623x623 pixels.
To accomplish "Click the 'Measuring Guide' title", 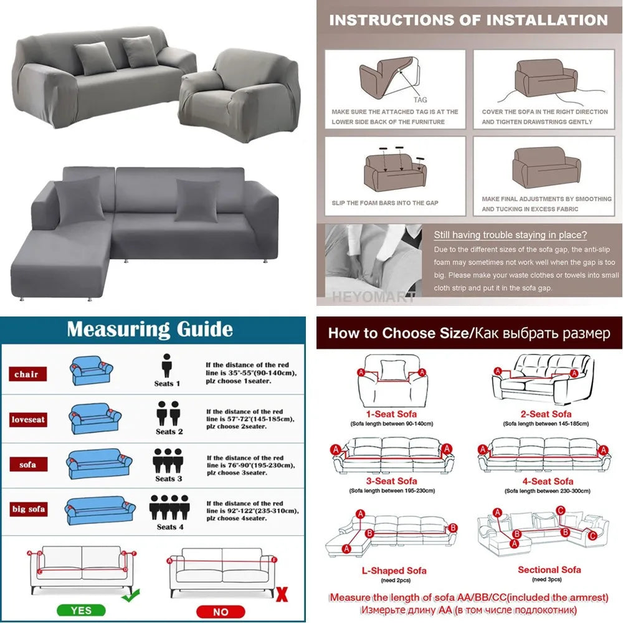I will point(150,329).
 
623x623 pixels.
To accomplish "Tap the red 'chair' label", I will point(26,374).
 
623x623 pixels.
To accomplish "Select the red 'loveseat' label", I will point(28,419).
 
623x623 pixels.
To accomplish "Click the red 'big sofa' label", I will point(28,509).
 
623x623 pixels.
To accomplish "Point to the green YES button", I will point(81,611).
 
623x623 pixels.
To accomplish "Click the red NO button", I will point(221,612).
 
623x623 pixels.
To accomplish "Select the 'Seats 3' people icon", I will point(168,460).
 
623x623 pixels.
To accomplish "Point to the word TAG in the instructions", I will point(421,99).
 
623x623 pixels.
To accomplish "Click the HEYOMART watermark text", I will point(373,297).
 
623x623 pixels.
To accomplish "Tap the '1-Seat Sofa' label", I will point(391,414).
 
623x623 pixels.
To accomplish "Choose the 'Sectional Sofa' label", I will point(549,569).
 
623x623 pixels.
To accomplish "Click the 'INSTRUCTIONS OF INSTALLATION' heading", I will point(468,20).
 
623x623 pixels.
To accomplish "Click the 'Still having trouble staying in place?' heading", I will point(510,235).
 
